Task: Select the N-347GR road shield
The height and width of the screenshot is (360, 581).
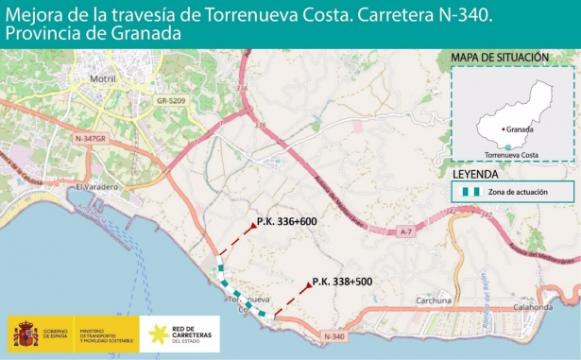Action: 92,138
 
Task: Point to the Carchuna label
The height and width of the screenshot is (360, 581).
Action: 435,301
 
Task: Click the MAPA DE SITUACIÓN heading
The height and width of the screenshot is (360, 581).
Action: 501,58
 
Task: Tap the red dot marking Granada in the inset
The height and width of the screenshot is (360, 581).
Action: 502,129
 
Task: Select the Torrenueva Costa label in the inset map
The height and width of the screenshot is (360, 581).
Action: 511,154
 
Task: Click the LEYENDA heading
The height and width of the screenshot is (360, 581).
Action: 477,175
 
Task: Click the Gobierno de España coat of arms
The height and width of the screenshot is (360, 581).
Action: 24,334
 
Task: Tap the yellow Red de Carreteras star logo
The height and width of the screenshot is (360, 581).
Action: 154,334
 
